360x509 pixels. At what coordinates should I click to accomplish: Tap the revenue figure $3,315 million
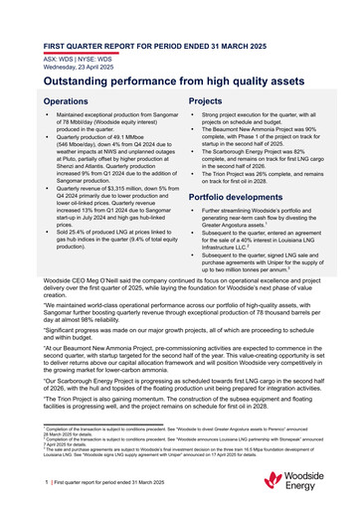[132, 189]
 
